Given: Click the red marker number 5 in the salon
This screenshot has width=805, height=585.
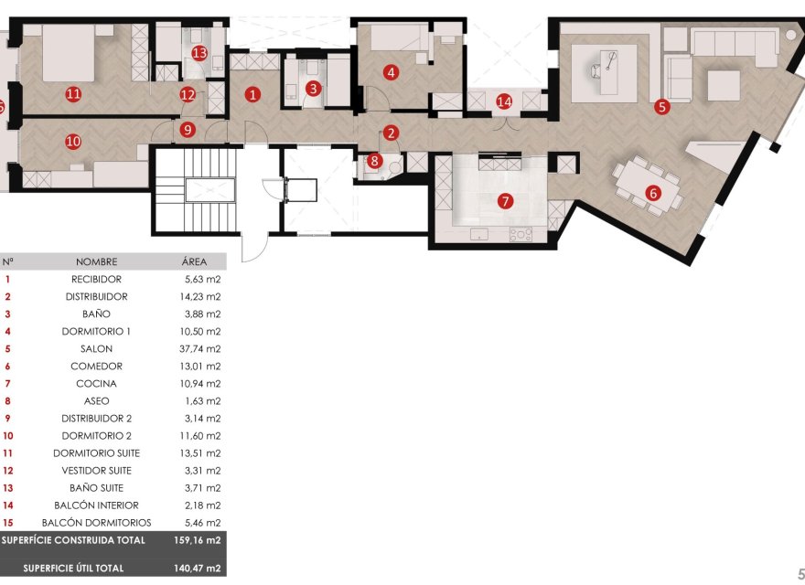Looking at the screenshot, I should tap(662, 106).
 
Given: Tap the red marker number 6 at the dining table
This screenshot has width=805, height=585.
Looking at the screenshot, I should tap(652, 193).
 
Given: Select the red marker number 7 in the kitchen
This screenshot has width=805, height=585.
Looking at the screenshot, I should tap(505, 200).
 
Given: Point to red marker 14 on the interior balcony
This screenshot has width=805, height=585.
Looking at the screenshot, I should tap(504, 101).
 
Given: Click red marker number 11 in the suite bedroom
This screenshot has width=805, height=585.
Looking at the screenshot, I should tap(73, 93).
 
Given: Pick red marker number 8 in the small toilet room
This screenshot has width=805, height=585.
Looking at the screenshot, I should tap(374, 162).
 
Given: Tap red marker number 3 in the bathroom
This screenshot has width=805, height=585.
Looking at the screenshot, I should tap(314, 89).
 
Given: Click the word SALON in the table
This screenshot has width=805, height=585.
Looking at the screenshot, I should tap(96, 349).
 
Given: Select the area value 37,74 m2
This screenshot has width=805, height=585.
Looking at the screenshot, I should tap(201, 349).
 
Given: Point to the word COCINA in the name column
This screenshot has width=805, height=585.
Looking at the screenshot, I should tap(96, 384).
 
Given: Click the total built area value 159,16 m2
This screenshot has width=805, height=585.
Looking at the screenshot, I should tap(200, 540).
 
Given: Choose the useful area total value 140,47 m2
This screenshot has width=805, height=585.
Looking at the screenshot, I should tap(200, 569).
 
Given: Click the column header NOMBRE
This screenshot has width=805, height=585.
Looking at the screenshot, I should tap(96, 261).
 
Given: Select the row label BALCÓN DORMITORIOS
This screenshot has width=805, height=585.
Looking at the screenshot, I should tap(96, 523).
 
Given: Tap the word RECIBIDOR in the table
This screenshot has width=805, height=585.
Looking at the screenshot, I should tap(96, 280).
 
